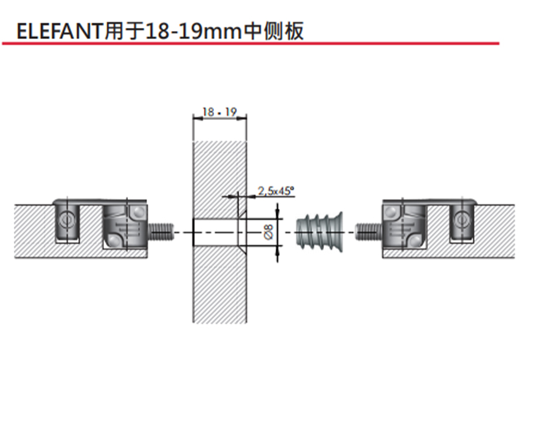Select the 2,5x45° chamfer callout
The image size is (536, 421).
click(276, 191)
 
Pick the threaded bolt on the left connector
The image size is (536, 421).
click(162, 232)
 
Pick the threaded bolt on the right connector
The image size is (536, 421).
click(368, 232)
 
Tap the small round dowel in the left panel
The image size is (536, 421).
click(66, 221)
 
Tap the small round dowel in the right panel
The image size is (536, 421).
click(462, 221)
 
